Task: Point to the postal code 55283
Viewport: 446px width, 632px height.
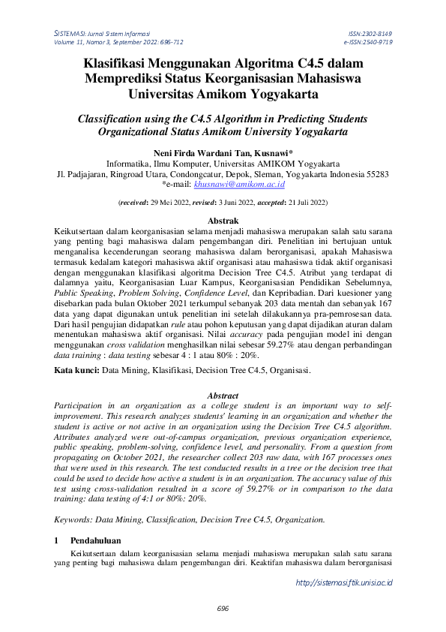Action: coord(374,174)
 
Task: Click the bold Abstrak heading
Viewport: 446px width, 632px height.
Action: coord(223,221)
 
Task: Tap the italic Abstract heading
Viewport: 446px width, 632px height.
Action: coord(223,396)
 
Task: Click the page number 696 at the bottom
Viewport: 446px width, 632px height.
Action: coord(223,608)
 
